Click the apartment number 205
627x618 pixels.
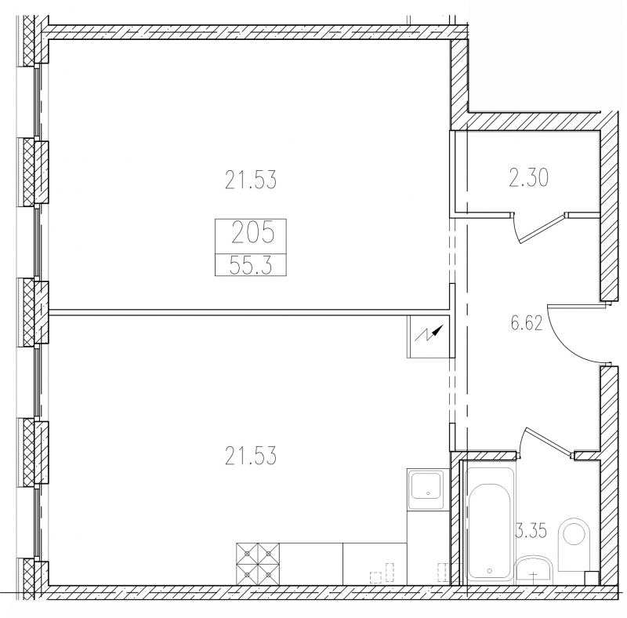252,232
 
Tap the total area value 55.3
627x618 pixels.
251,265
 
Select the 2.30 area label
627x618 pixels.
528,178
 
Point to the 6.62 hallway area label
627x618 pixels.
527,323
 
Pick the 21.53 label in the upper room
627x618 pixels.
250,180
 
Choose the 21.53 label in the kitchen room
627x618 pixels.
250,456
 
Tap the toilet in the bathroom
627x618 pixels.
573,544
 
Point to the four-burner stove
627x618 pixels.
258,564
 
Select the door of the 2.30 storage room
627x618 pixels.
540,227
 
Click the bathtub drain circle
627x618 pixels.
490,571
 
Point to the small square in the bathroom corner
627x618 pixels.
592,578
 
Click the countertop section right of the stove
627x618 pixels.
311,564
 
